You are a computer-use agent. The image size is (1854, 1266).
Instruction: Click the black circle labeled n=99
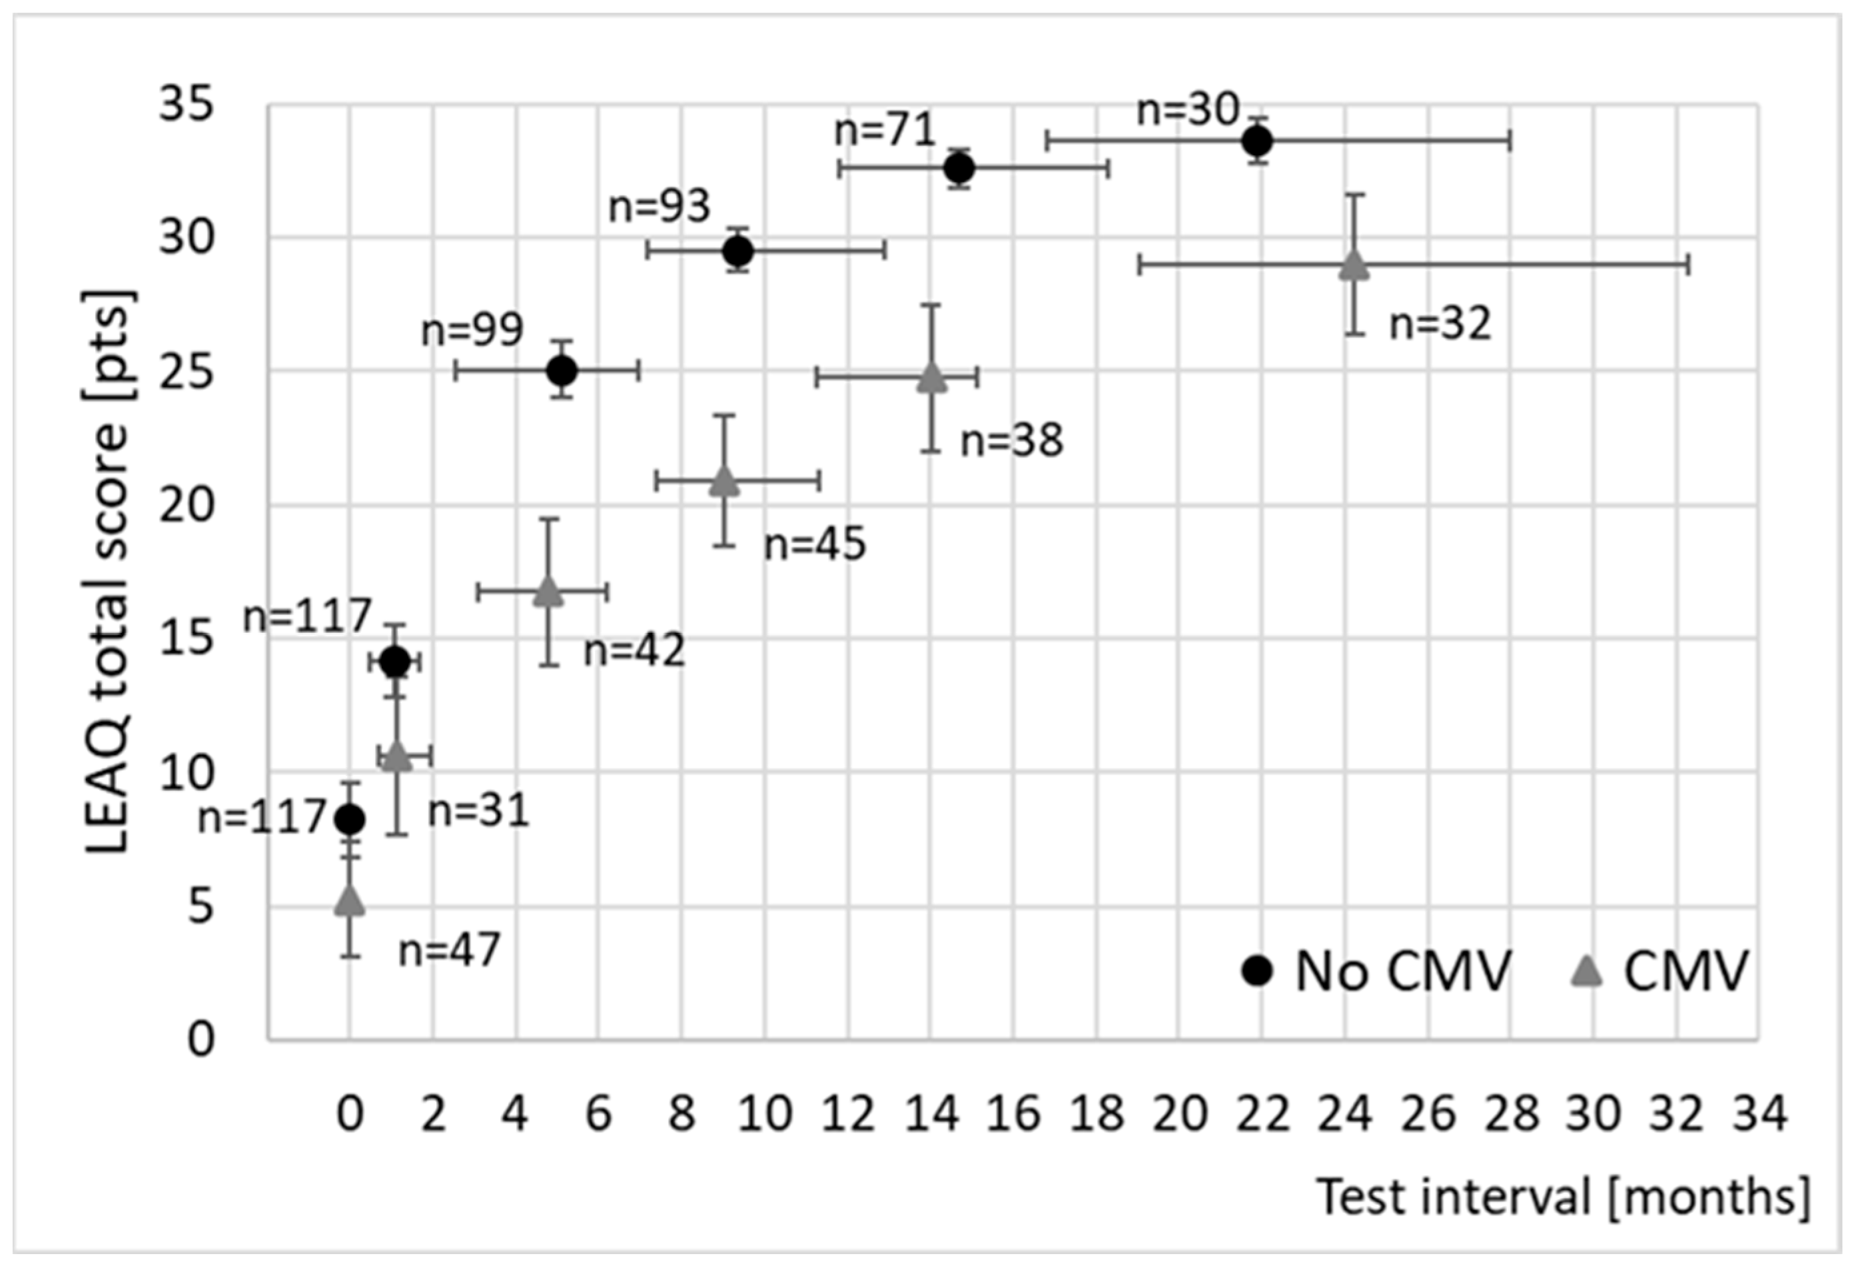(x=562, y=371)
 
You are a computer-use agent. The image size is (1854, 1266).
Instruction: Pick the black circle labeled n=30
(x=1258, y=142)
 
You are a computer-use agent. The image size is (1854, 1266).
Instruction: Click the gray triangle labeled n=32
(x=1354, y=265)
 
